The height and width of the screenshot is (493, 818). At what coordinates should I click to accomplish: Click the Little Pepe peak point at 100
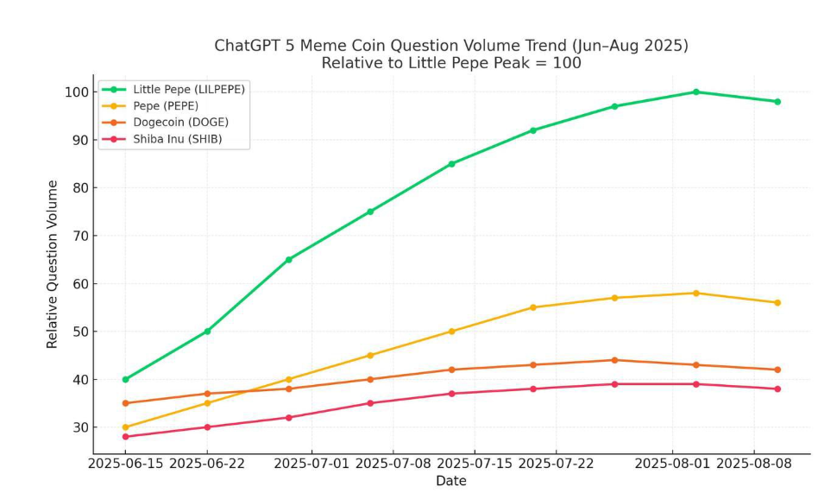click(695, 92)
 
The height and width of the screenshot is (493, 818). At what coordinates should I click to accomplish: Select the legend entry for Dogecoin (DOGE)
click(180, 122)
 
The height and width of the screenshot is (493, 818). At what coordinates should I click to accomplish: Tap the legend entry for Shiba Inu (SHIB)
click(177, 138)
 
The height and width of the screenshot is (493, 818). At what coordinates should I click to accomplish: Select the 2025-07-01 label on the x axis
click(311, 464)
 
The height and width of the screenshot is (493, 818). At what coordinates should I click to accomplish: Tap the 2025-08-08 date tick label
click(754, 464)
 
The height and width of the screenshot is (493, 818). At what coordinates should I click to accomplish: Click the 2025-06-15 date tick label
click(126, 464)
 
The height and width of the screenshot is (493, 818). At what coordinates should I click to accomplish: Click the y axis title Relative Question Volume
click(53, 264)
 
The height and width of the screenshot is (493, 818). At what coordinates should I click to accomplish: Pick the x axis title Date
click(450, 481)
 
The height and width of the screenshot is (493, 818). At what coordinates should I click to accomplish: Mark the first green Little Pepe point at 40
click(126, 379)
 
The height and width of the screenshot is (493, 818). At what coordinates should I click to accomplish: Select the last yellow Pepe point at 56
click(777, 302)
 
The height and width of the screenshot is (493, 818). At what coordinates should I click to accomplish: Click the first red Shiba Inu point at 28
click(126, 437)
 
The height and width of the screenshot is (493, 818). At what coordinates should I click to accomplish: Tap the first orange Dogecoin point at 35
click(126, 403)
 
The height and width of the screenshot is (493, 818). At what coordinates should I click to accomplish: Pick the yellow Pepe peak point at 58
click(695, 293)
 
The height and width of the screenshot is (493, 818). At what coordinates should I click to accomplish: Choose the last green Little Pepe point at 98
click(777, 101)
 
